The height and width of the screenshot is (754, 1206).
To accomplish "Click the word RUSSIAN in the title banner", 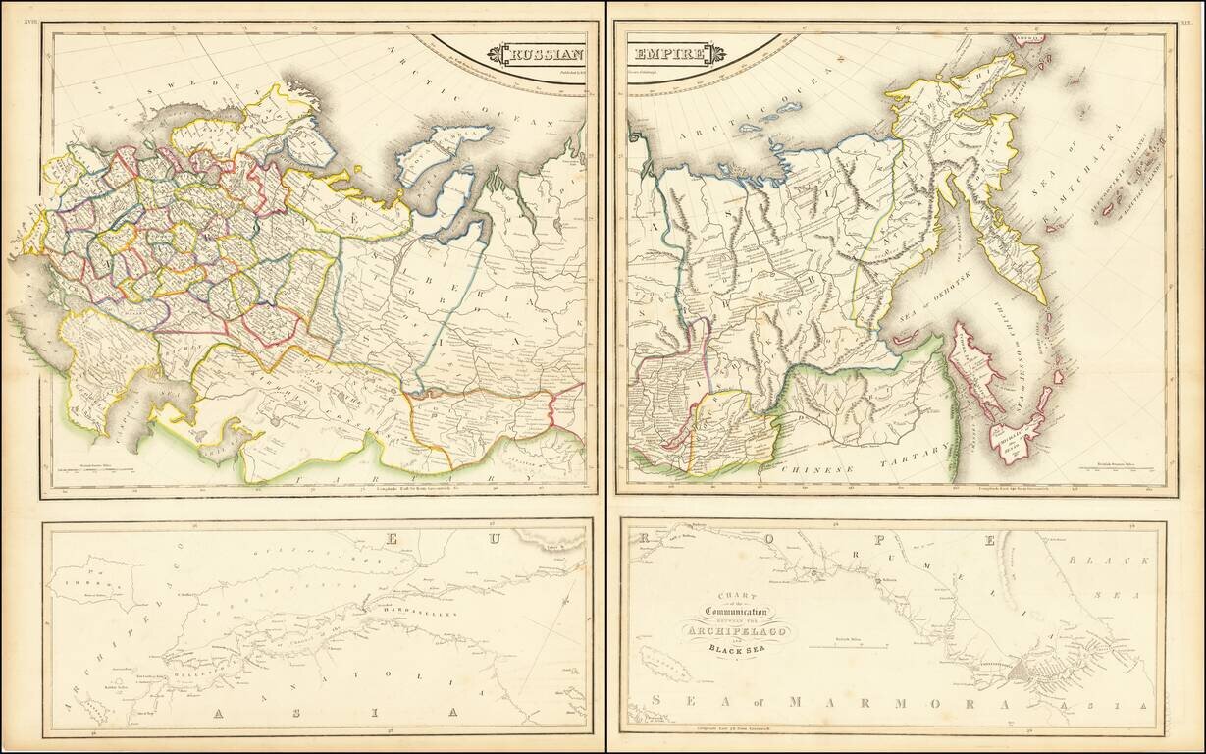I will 546,54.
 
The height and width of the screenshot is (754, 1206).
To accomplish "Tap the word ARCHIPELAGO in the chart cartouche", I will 741,630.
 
